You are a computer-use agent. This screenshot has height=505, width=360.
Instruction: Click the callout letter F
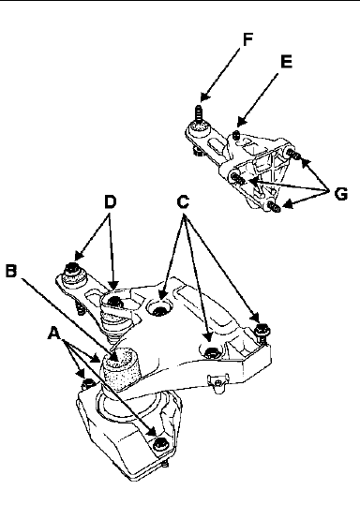click(247, 39)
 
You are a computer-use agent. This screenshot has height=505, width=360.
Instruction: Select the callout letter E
click(287, 62)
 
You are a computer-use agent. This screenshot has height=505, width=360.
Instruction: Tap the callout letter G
click(341, 194)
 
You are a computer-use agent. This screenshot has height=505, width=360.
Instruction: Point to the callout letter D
click(110, 202)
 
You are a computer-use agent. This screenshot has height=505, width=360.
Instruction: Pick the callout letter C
click(183, 202)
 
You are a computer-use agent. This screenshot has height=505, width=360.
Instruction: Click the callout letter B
click(11, 271)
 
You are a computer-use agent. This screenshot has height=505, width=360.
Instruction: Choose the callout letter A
click(54, 333)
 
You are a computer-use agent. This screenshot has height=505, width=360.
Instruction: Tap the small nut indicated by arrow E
click(236, 135)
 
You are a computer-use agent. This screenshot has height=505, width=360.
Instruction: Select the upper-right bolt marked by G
click(292, 155)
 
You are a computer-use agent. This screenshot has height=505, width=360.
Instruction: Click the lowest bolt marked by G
click(275, 207)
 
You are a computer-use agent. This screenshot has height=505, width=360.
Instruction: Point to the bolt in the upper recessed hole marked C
click(158, 311)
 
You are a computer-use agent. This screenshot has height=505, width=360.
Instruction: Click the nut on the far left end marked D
click(73, 268)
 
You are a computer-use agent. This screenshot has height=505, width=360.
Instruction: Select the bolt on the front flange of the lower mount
click(160, 444)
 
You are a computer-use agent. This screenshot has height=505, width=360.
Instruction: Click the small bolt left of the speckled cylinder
click(87, 383)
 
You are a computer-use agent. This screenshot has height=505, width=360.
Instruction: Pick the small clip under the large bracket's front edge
click(218, 382)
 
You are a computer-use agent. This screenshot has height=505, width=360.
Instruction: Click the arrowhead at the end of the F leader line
click(204, 97)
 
